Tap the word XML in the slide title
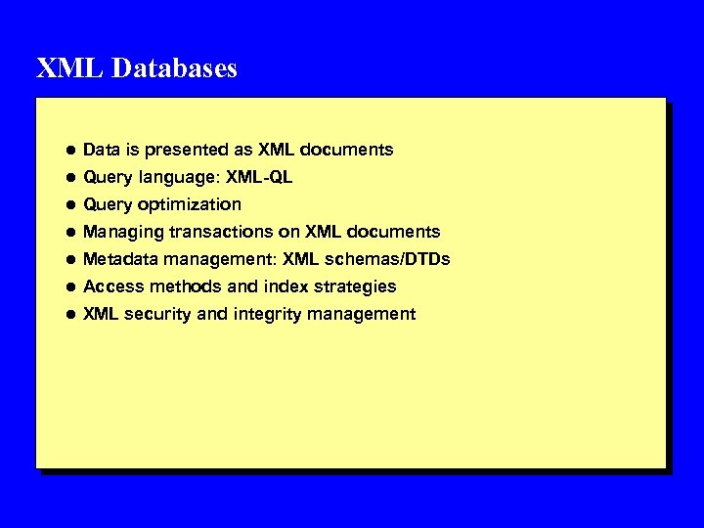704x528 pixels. (60, 68)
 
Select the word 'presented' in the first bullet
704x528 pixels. (184, 150)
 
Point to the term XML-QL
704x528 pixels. (259, 177)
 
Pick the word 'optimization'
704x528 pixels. (191, 204)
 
